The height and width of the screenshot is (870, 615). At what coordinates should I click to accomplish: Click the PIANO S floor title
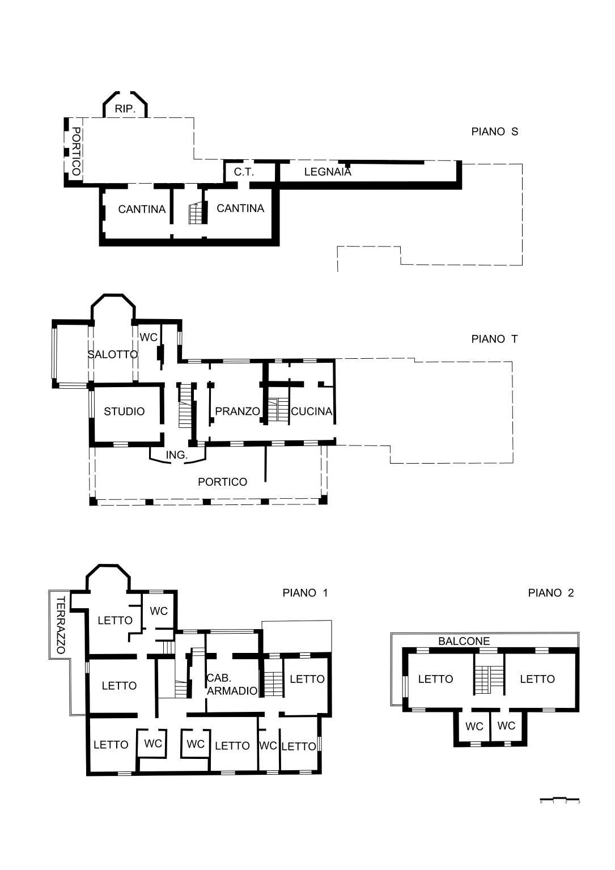point(494,131)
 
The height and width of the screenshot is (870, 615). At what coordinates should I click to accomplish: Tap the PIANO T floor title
point(494,339)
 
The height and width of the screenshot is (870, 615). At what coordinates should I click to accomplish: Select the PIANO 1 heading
point(305,593)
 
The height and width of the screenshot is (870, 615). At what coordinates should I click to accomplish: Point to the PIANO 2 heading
point(550,593)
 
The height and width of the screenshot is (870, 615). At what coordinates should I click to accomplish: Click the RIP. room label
point(125,109)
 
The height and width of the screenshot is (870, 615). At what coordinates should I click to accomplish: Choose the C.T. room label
point(244,172)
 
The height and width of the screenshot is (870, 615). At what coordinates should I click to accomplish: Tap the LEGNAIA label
point(328,172)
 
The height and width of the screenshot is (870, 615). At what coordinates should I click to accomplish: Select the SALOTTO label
point(112,354)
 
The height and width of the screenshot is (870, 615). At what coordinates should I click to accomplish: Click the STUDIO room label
point(124,411)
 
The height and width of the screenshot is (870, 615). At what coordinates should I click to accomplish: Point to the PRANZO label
point(237,411)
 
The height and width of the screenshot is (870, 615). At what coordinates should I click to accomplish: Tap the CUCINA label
point(311,411)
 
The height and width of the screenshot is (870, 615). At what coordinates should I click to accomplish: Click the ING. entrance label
point(176,455)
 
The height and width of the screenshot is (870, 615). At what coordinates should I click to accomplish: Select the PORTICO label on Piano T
point(222,482)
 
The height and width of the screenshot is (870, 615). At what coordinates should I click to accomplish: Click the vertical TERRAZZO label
point(61,625)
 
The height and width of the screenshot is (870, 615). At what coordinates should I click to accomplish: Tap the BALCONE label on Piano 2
point(464,641)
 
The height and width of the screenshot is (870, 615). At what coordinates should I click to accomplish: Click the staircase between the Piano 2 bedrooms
point(489,679)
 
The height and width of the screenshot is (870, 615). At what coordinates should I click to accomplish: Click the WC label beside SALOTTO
point(149,337)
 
